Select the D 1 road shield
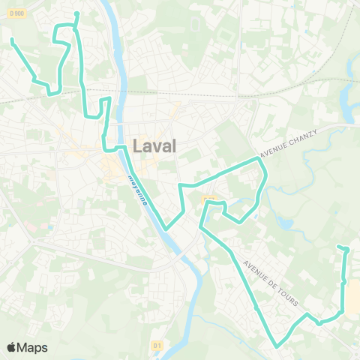(x=157, y=345)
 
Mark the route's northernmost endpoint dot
(x=77, y=13)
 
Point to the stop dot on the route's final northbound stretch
(x=343, y=281)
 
